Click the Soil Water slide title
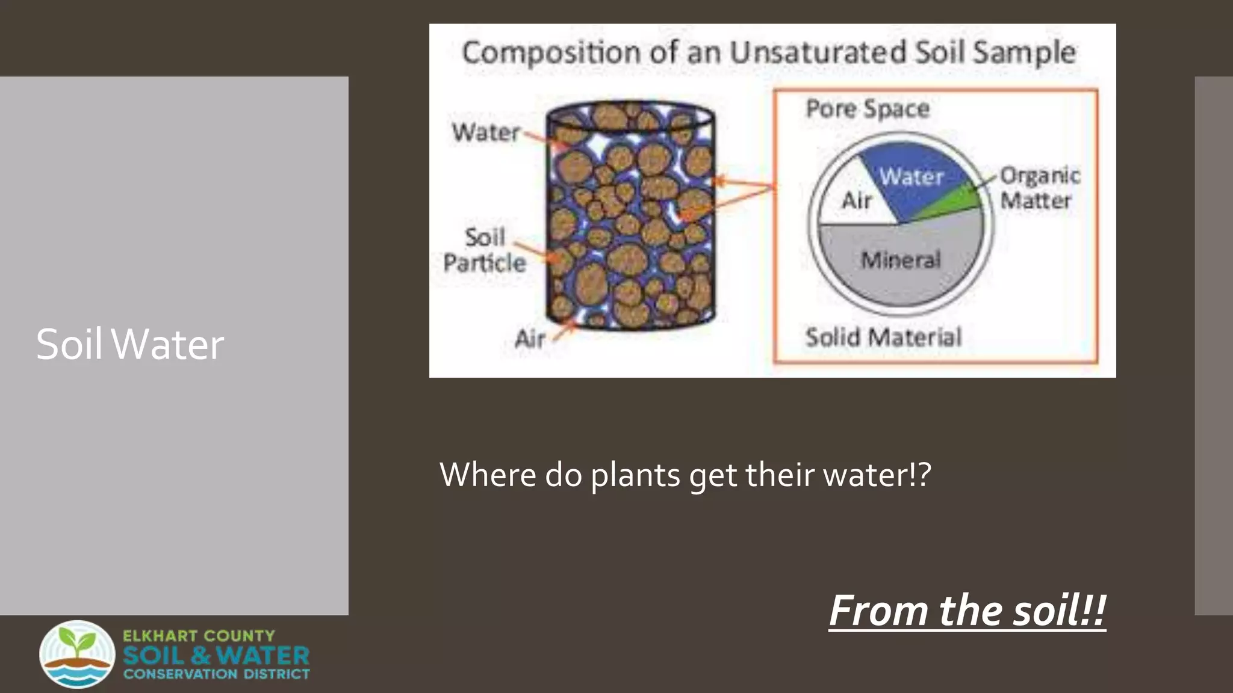click(129, 345)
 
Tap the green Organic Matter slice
click(957, 203)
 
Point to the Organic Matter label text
click(1039, 188)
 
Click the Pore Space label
click(868, 109)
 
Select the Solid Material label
click(883, 337)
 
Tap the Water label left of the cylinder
click(485, 132)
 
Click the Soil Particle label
click(485, 250)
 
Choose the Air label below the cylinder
click(530, 339)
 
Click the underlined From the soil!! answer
click(967, 611)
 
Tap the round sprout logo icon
click(77, 654)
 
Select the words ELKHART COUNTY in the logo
click(199, 636)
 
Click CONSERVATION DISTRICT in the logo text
click(217, 674)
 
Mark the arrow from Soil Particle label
click(532, 251)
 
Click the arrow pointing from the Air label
click(564, 330)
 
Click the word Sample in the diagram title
click(1024, 52)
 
